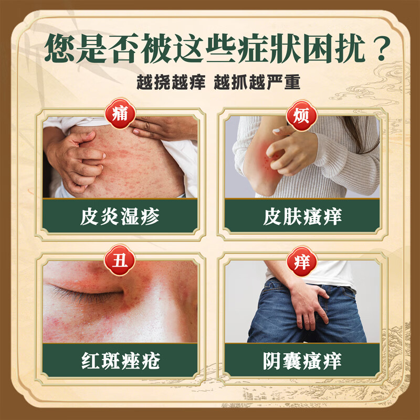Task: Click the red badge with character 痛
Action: tap(120, 114)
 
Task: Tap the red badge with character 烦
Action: tap(301, 114)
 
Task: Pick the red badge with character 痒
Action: tap(301, 260)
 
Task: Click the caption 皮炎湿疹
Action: tap(120, 216)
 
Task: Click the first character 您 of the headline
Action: tap(61, 49)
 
